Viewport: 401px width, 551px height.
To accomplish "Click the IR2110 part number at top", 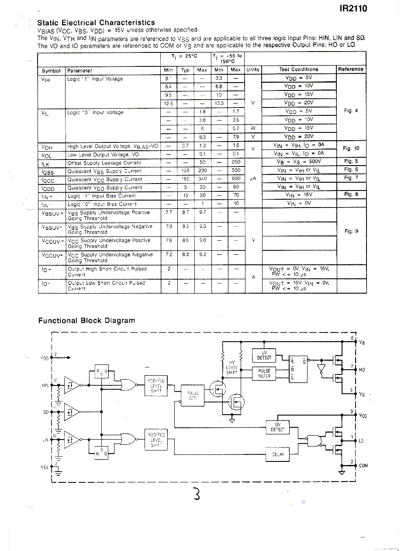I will (x=353, y=8).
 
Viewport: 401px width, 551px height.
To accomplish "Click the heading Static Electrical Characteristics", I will (x=96, y=23).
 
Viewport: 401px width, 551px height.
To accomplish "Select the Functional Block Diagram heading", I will (x=86, y=321).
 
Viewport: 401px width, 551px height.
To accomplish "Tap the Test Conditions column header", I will (x=298, y=69).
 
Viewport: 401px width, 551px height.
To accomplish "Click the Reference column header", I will (x=350, y=69).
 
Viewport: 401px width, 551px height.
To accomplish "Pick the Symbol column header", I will (x=51, y=71).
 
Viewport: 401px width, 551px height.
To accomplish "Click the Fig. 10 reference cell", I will (x=350, y=149).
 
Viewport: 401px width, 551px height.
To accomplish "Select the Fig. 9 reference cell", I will (x=350, y=231).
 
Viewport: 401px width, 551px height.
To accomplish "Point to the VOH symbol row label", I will (x=46, y=147).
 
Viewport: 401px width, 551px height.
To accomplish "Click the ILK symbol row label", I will (x=45, y=163).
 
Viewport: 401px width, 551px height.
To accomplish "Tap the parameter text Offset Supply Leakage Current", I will (x=104, y=163).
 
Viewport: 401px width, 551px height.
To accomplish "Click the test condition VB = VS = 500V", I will (x=299, y=162).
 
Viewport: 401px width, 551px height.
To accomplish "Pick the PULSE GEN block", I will (x=193, y=395).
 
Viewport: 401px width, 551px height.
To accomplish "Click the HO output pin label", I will (x=361, y=370).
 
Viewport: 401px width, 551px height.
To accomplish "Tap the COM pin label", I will (x=363, y=466).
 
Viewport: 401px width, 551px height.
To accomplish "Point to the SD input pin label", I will (x=45, y=412).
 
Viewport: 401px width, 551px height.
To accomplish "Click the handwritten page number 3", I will (x=197, y=494).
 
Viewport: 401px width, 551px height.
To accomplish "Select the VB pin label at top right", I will (x=361, y=343).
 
